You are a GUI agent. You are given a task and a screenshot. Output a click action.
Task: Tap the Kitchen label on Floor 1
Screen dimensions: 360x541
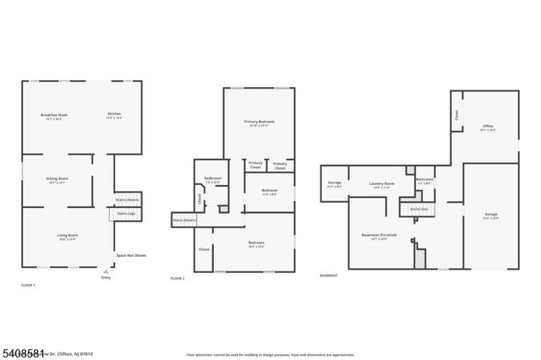coord(113,115)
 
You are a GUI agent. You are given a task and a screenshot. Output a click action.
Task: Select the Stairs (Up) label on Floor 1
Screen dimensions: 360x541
coord(126,215)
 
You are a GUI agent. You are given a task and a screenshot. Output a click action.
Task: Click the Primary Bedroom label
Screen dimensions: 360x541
coord(260,123)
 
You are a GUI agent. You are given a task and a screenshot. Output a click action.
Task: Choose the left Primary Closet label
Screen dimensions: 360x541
coord(255,166)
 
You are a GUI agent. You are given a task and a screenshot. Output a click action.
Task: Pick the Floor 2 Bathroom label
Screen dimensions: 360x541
coord(212,178)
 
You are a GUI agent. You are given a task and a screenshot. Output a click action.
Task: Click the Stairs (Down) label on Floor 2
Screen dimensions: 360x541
coord(183,220)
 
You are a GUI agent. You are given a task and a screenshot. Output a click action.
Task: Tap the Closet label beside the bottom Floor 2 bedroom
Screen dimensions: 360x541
coord(204,249)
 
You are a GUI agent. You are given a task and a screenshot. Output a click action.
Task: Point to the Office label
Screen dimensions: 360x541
coord(488,126)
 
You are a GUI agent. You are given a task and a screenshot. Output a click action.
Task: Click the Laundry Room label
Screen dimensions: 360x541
coord(383,183)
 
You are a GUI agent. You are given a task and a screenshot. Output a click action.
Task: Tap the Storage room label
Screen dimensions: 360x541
coord(335,183)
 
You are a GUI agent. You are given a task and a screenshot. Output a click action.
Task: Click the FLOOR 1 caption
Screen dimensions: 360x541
coord(28,286)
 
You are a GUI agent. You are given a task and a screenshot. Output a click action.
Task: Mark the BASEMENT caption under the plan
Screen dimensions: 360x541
coord(330,276)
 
